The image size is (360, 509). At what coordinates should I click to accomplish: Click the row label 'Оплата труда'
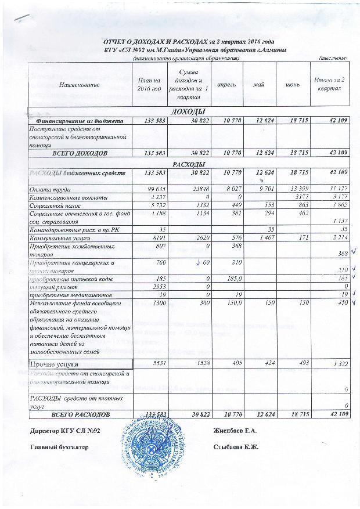(x=48, y=189)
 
